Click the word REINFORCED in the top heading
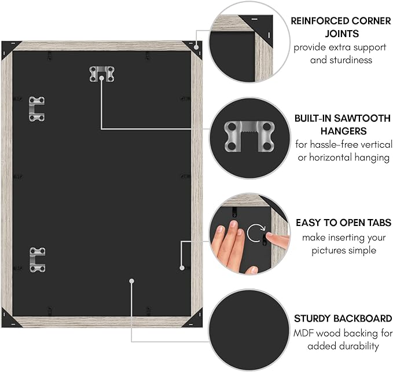click(319, 21)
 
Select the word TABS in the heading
click(379, 223)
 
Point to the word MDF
click(304, 333)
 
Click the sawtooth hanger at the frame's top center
click(102, 74)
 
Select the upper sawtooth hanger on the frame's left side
click(37, 109)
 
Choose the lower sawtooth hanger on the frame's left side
click(38, 260)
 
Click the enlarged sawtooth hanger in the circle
click(249, 136)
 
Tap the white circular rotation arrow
click(256, 233)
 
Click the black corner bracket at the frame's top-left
click(9, 49)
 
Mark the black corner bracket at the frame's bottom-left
click(9, 319)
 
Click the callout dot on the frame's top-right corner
click(196, 47)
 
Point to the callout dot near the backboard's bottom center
click(132, 281)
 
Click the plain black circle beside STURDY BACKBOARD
click(249, 330)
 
